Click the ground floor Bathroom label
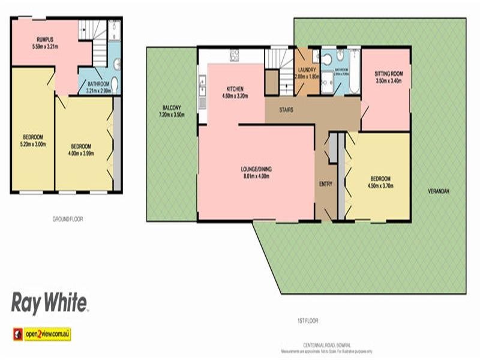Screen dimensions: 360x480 pos(97,86)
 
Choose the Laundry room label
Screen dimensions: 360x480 pos(307,73)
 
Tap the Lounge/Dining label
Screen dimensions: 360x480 pos(256,173)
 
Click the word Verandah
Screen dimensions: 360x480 pos(438,191)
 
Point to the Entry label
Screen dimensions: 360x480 pos(326,184)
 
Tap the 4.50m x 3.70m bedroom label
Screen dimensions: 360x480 pos(380,182)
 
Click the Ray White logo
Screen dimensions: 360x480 pos(50,302)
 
